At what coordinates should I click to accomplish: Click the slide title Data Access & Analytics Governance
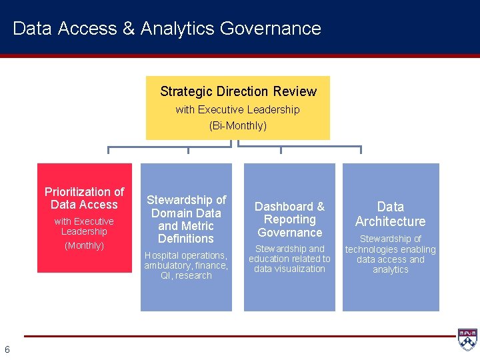167,29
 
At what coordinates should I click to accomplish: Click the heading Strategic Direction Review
238,91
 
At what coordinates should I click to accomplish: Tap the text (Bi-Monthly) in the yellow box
238,125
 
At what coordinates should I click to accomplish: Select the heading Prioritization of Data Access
84,198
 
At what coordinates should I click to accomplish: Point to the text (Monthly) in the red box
84,245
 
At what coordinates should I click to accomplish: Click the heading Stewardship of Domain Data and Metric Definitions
186,219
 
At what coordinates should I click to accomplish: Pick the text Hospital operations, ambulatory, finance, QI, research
186,265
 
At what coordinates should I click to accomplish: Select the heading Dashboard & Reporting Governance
289,219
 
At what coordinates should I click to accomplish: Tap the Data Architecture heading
390,214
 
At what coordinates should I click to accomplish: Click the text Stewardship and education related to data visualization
289,259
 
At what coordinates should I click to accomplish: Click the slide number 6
7,349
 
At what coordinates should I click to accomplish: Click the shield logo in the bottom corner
467,339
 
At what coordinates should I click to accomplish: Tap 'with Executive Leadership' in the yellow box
238,109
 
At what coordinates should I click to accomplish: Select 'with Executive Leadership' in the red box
84,226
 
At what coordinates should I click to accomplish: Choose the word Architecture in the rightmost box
390,221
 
